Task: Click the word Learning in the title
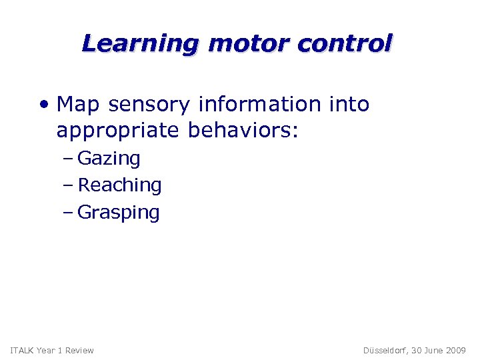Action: [140, 43]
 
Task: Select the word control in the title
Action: [345, 43]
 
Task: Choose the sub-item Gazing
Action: [109, 159]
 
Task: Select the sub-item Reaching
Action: [119, 185]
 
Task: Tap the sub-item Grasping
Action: [119, 213]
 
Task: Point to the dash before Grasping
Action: [71, 213]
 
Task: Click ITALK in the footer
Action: [22, 350]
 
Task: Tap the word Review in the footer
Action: [79, 350]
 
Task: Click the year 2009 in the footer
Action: [455, 350]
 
